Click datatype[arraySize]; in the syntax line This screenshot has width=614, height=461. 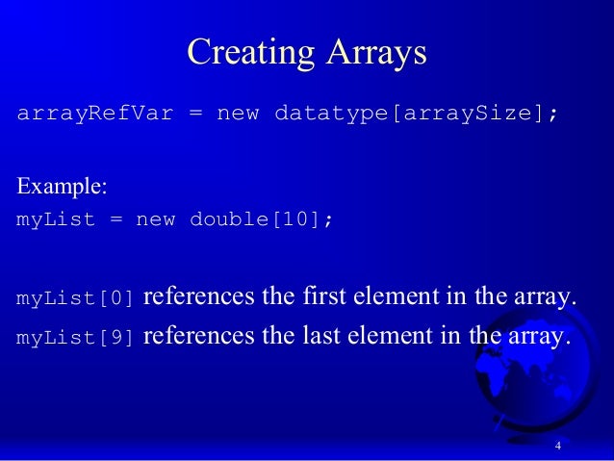(417, 115)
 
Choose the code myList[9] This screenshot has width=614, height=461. (75, 339)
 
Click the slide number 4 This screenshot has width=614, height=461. (558, 446)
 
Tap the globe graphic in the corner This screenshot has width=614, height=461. (544, 375)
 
